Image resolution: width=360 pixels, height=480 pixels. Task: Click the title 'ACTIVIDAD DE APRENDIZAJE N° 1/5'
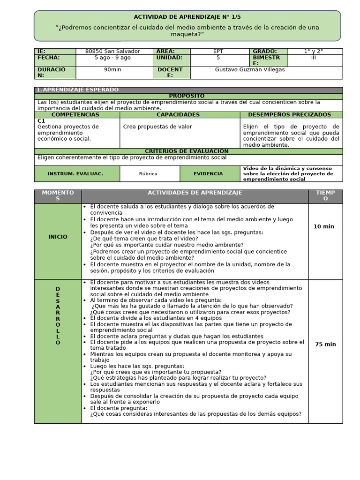pos(188,16)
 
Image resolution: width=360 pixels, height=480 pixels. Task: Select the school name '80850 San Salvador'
pos(113,51)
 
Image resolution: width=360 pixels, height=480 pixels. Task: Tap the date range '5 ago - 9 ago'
pos(112,58)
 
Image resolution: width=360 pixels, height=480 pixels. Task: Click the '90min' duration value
pos(112,70)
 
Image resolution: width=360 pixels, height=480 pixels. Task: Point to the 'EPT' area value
pos(218,51)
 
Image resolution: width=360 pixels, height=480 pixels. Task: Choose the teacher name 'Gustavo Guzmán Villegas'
pos(249,70)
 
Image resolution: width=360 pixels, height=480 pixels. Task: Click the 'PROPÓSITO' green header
pos(187,96)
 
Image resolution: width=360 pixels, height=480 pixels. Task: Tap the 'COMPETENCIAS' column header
pos(75,115)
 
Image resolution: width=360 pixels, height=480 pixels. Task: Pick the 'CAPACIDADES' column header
pos(178,115)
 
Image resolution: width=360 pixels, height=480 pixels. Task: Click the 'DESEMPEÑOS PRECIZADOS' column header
pos(289,115)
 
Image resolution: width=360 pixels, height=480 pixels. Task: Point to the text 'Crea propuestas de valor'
pos(157,127)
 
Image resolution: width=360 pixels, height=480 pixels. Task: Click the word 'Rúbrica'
pos(148,174)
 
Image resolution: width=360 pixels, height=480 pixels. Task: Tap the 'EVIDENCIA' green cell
pos(209,174)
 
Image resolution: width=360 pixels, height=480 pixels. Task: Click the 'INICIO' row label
pos(58,237)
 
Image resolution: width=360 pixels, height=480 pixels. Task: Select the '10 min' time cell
pos(324,226)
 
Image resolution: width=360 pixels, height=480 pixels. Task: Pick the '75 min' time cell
pos(325,344)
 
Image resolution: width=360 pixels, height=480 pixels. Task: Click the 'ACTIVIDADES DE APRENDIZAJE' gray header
pos(195,193)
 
